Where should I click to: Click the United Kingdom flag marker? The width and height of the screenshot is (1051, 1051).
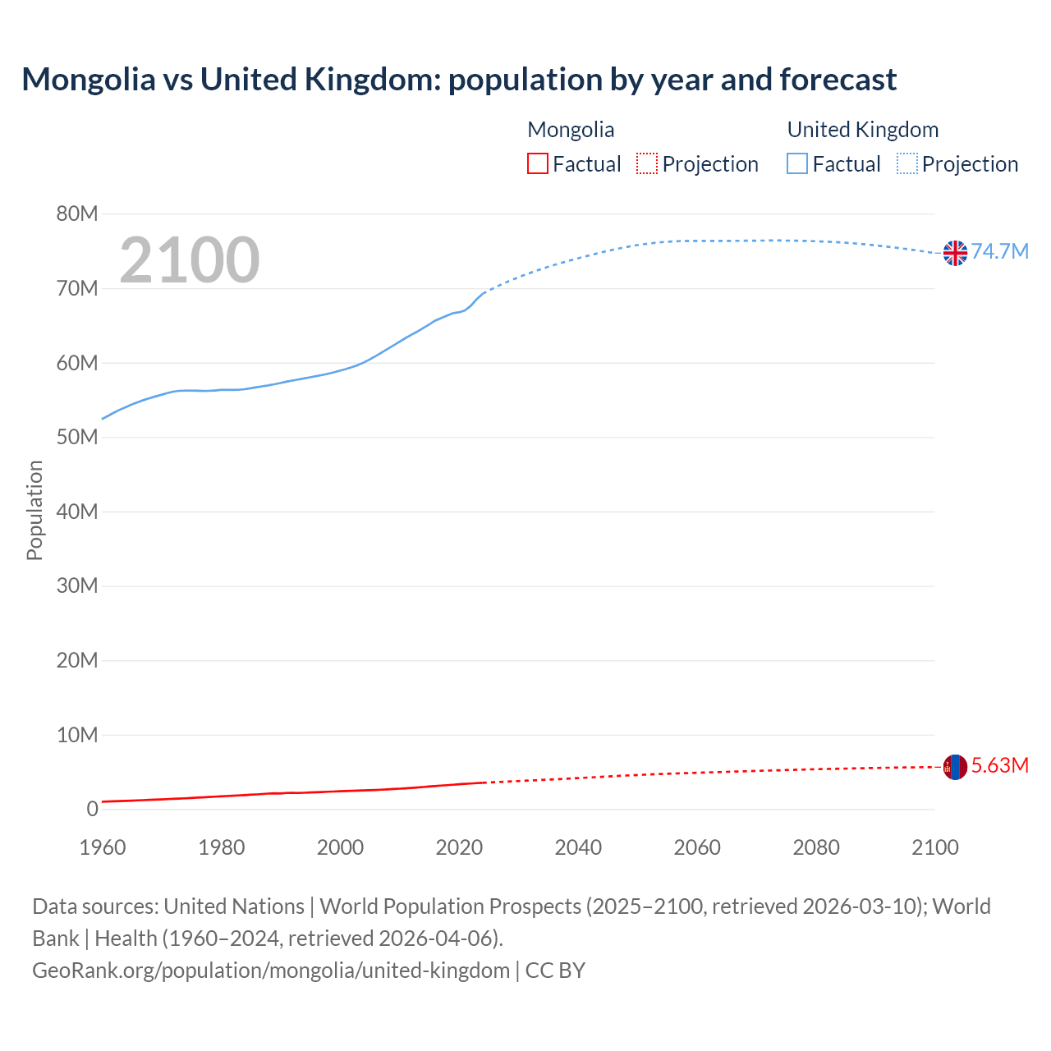tap(955, 253)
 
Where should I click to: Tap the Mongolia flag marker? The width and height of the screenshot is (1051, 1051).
tap(955, 767)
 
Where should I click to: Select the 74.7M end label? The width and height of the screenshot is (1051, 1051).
tap(1000, 251)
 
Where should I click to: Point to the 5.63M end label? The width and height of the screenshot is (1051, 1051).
tap(1000, 765)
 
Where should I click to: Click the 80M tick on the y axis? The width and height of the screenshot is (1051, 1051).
tap(77, 214)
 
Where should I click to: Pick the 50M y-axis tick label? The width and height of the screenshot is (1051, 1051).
tap(77, 438)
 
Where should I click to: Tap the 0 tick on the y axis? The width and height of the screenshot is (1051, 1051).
tap(92, 809)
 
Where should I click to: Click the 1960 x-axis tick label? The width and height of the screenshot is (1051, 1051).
tap(103, 847)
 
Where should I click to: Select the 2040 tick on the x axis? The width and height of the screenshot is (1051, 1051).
tap(578, 847)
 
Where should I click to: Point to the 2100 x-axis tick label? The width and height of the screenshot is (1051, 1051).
tap(934, 847)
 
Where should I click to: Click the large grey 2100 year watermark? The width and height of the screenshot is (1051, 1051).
tap(190, 260)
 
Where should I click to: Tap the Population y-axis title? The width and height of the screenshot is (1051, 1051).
tap(34, 510)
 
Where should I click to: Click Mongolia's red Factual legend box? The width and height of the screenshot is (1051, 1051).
tap(538, 163)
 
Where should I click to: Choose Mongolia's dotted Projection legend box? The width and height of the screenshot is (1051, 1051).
tap(647, 163)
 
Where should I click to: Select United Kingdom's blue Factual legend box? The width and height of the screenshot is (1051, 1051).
tap(797, 163)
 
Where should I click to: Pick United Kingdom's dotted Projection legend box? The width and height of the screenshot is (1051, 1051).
tap(906, 163)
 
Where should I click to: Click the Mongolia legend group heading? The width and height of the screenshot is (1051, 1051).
tap(571, 130)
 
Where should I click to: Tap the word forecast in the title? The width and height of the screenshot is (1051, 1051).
tap(838, 80)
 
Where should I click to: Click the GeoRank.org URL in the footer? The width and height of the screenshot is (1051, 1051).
tap(271, 971)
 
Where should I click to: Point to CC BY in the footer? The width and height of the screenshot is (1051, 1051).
tap(555, 971)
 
